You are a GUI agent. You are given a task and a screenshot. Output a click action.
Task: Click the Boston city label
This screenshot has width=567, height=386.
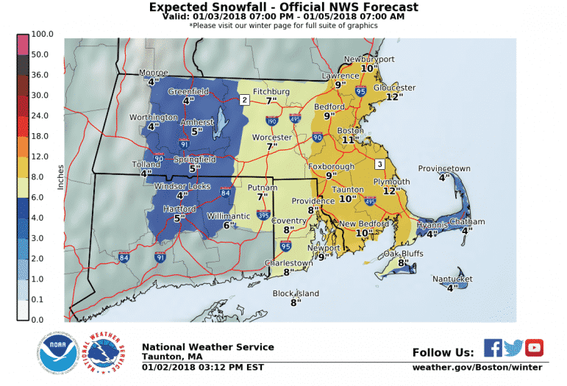349,131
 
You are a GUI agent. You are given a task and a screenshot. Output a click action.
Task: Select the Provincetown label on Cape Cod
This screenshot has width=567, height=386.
443,168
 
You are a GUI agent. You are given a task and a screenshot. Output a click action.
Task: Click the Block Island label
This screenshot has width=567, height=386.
296,293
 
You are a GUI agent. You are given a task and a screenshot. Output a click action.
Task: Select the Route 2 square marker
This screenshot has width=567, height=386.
244,99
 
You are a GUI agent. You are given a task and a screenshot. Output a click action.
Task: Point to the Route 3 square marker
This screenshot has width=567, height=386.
380,163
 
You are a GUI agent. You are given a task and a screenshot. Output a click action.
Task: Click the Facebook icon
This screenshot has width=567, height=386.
493,347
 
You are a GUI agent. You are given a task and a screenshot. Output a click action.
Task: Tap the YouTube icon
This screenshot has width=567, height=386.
534,347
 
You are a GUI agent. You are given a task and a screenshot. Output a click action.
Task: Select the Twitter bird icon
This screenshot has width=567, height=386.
513,347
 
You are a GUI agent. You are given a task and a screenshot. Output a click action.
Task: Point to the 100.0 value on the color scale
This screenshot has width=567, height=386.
40,35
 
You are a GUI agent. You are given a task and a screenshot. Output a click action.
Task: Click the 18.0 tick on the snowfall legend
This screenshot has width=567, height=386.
40,136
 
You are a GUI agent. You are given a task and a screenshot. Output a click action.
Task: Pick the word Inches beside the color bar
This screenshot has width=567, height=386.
62,177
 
